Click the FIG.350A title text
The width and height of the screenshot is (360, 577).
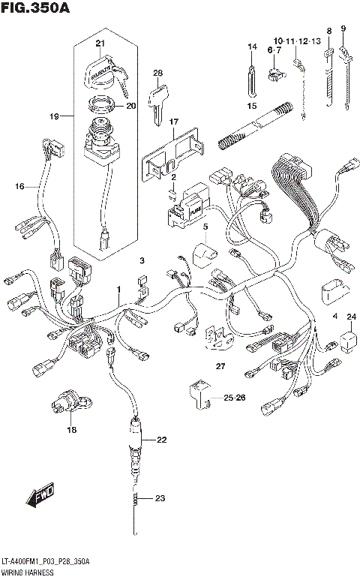coord(37,9)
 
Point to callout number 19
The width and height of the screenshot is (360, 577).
coord(53,117)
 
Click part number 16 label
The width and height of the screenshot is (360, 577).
coord(19,186)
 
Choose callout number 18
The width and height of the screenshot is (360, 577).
coord(72,430)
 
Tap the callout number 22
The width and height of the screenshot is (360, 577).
coord(161,440)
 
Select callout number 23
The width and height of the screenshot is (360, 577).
coord(160,498)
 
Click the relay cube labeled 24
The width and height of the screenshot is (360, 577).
coord(349,341)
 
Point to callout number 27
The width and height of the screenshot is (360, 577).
coord(220,366)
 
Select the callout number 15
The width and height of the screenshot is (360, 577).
coord(252,106)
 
